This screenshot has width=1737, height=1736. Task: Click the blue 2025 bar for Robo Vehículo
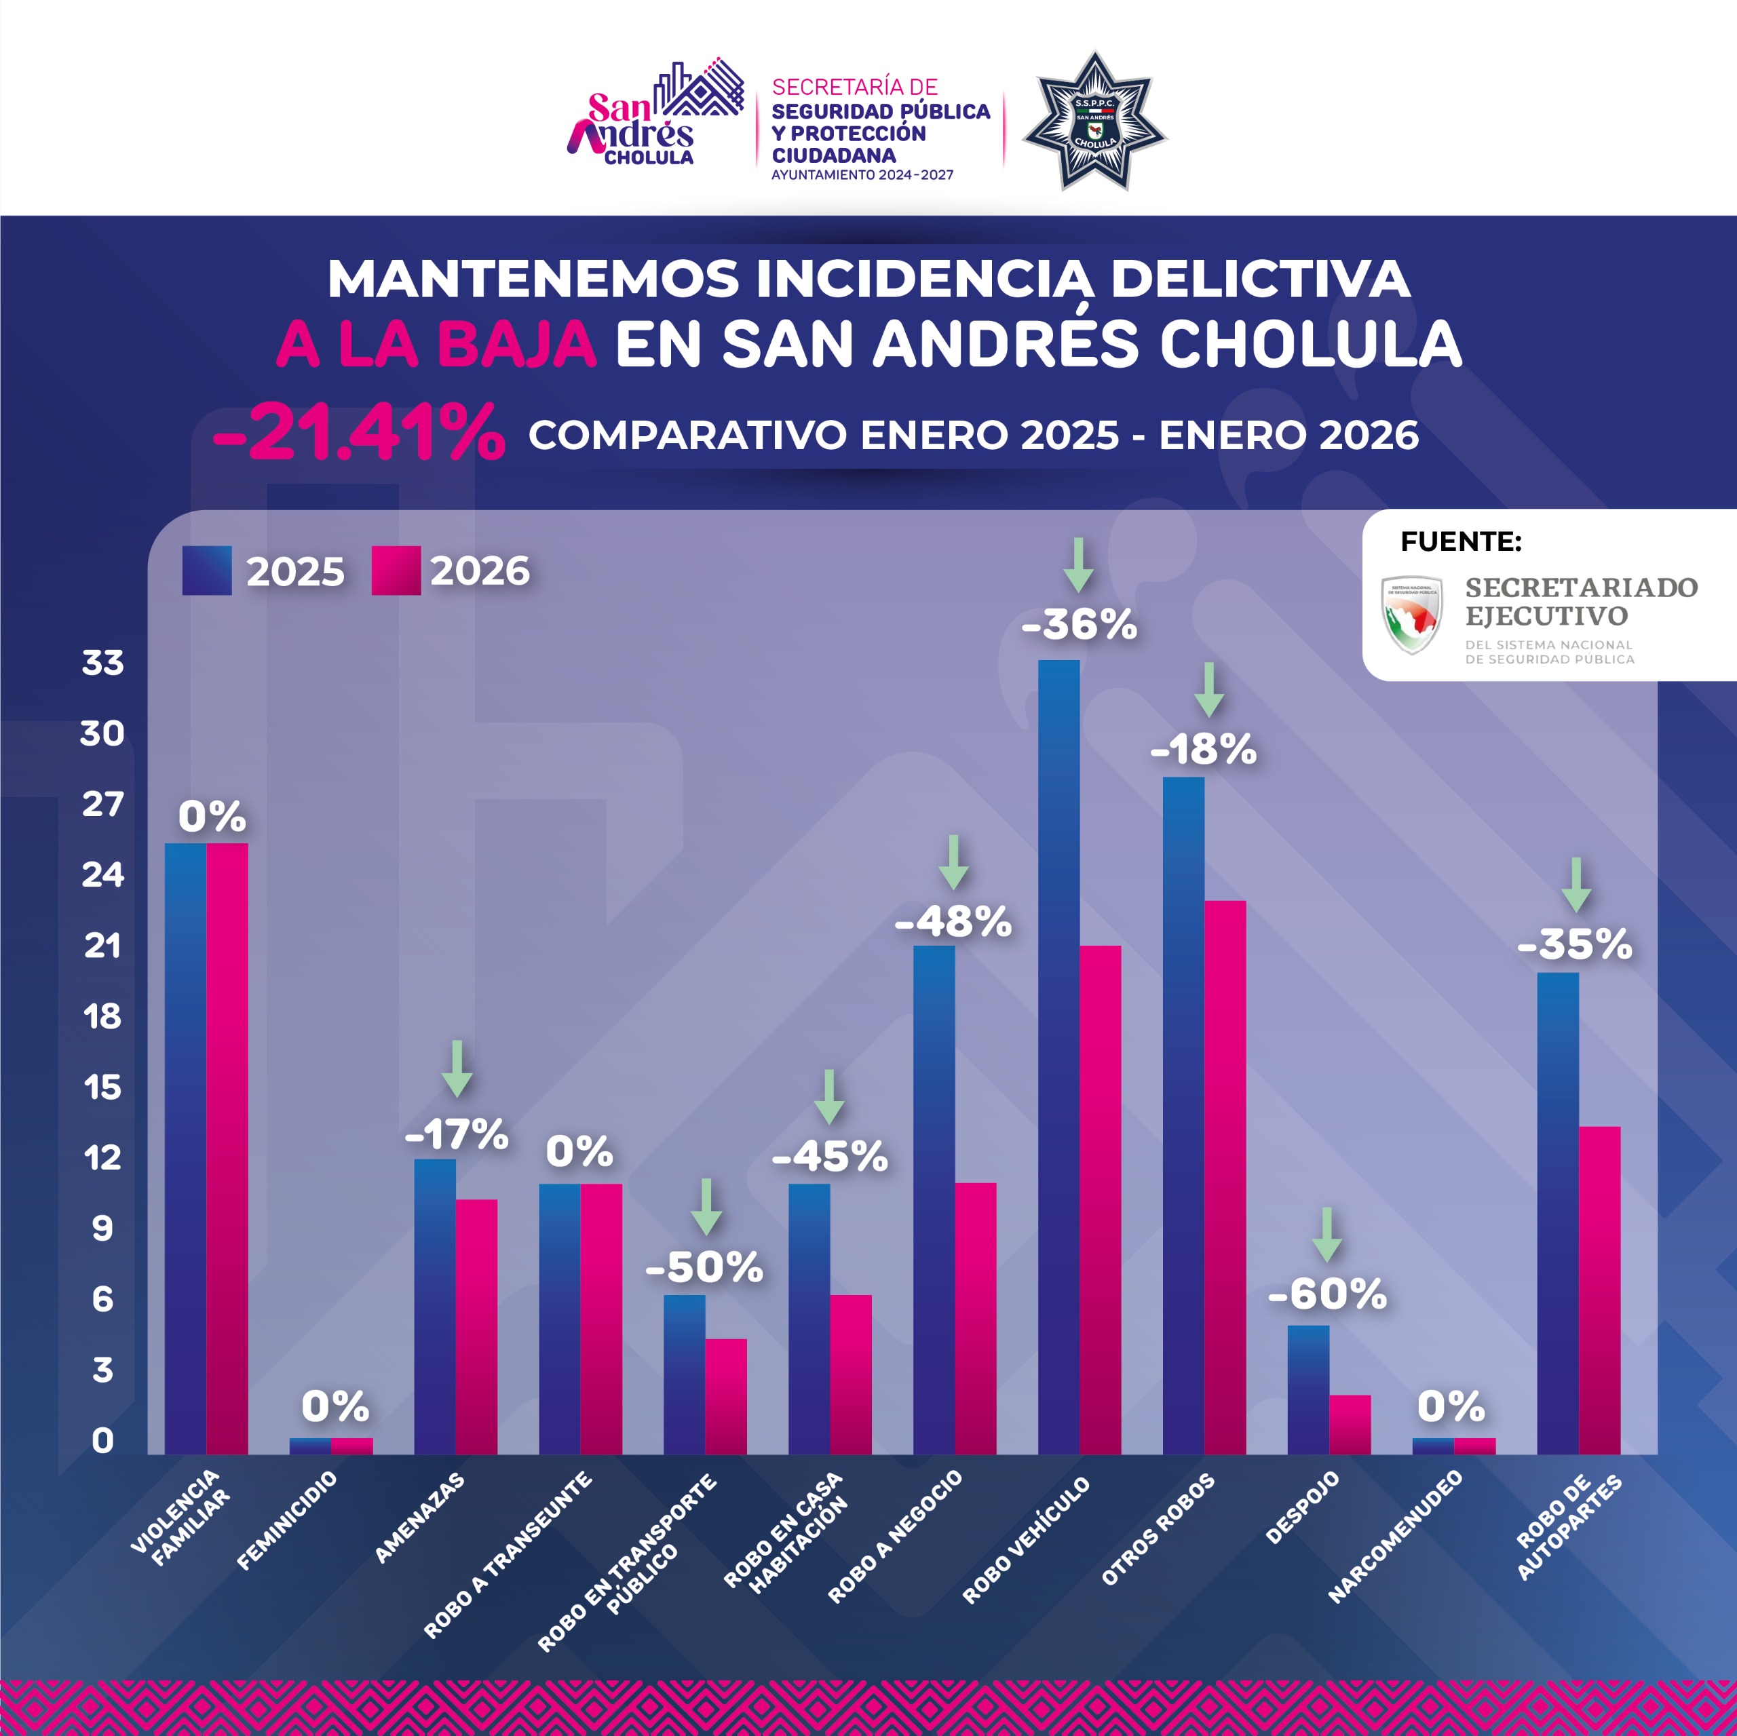[1058, 1056]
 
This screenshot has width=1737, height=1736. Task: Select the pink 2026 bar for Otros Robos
[1225, 1177]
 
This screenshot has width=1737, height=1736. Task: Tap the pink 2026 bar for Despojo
[1350, 1424]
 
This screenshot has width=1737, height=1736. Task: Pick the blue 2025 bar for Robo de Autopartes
[1557, 1213]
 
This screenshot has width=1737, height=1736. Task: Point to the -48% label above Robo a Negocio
[953, 921]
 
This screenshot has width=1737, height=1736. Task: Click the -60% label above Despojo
[1327, 1294]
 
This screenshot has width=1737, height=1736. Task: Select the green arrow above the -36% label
[1079, 564]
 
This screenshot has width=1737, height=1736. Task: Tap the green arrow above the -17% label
[457, 1068]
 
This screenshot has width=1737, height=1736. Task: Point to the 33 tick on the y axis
[102, 663]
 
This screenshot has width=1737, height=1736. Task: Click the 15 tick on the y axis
[102, 1088]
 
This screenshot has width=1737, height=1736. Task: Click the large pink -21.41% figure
[358, 433]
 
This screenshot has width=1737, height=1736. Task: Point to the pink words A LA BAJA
[436, 345]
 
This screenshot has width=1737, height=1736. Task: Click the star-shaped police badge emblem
[1094, 121]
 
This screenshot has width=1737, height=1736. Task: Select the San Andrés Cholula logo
[655, 115]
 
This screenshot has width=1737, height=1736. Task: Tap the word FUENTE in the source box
[1461, 542]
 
